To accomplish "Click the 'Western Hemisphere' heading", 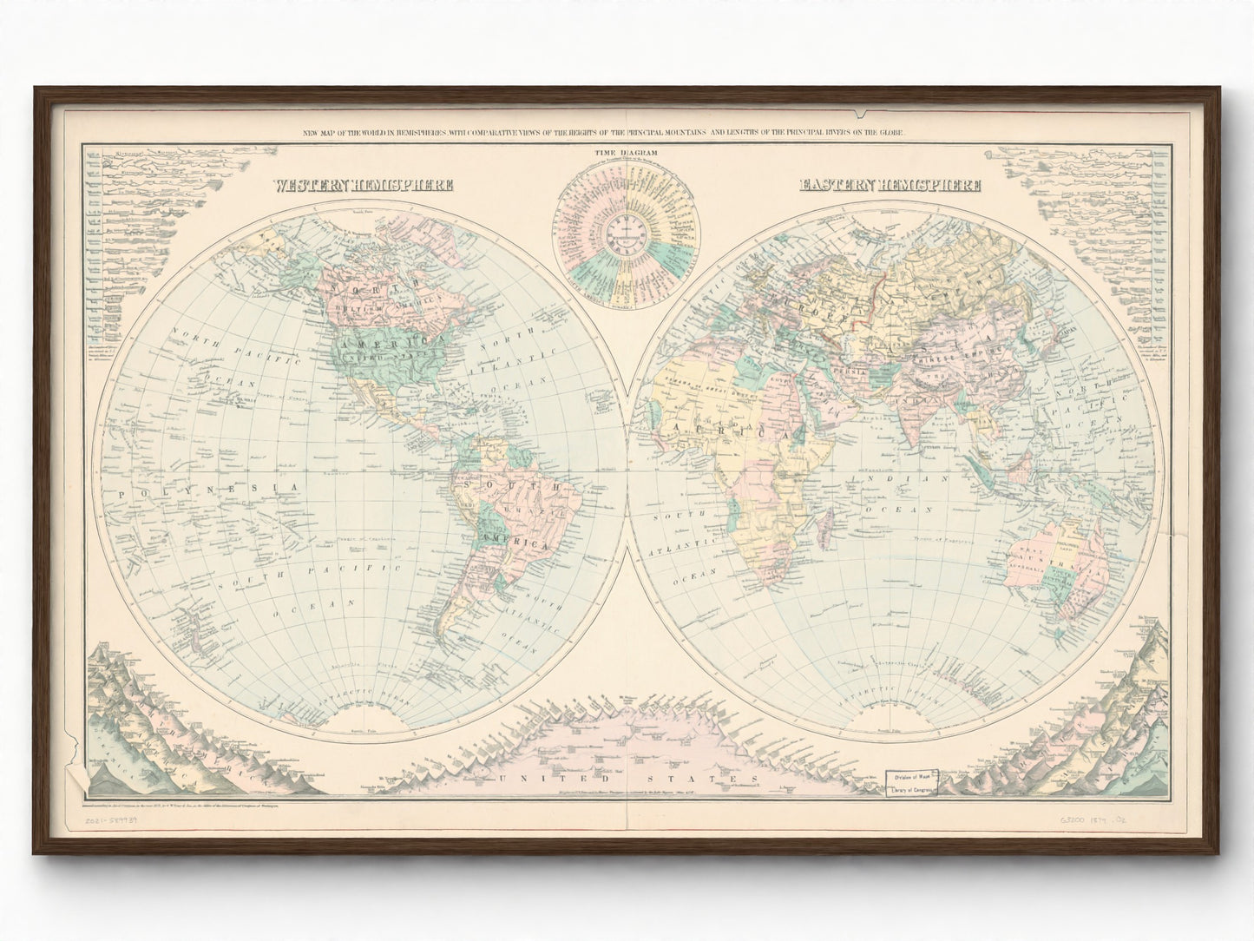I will pyautogui.click(x=362, y=185).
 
